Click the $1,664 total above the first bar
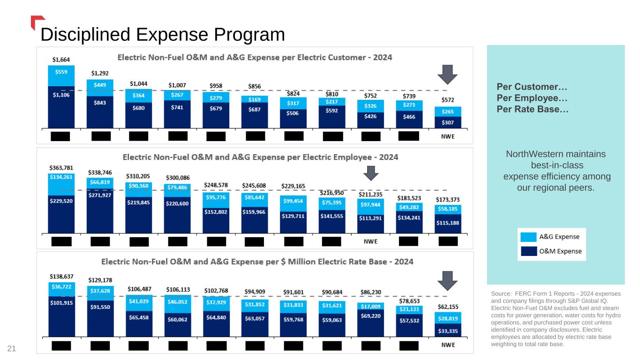(61, 60)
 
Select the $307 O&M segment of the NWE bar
(448, 122)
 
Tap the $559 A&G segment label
(61, 72)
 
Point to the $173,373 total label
(448, 199)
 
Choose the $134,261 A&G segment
(61, 177)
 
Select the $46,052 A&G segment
(177, 303)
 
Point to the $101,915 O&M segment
(61, 302)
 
